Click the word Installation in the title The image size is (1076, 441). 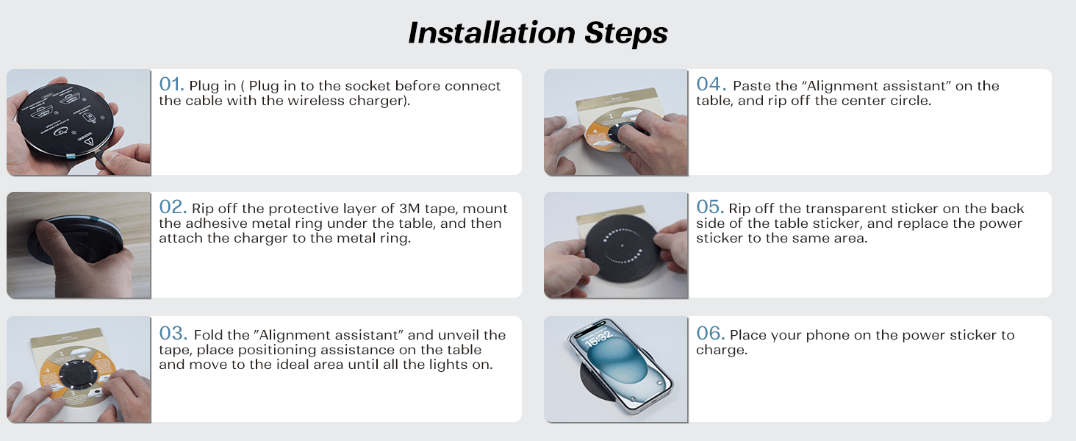tap(492, 32)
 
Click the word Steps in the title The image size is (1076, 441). tap(626, 34)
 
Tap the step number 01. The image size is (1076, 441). tap(171, 84)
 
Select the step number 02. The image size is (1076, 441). tap(173, 207)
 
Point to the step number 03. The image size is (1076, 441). tap(173, 334)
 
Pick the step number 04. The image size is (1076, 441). tap(711, 84)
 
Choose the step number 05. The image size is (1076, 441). tap(710, 207)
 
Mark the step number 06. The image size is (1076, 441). tap(711, 334)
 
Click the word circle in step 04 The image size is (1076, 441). tap(911, 101)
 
